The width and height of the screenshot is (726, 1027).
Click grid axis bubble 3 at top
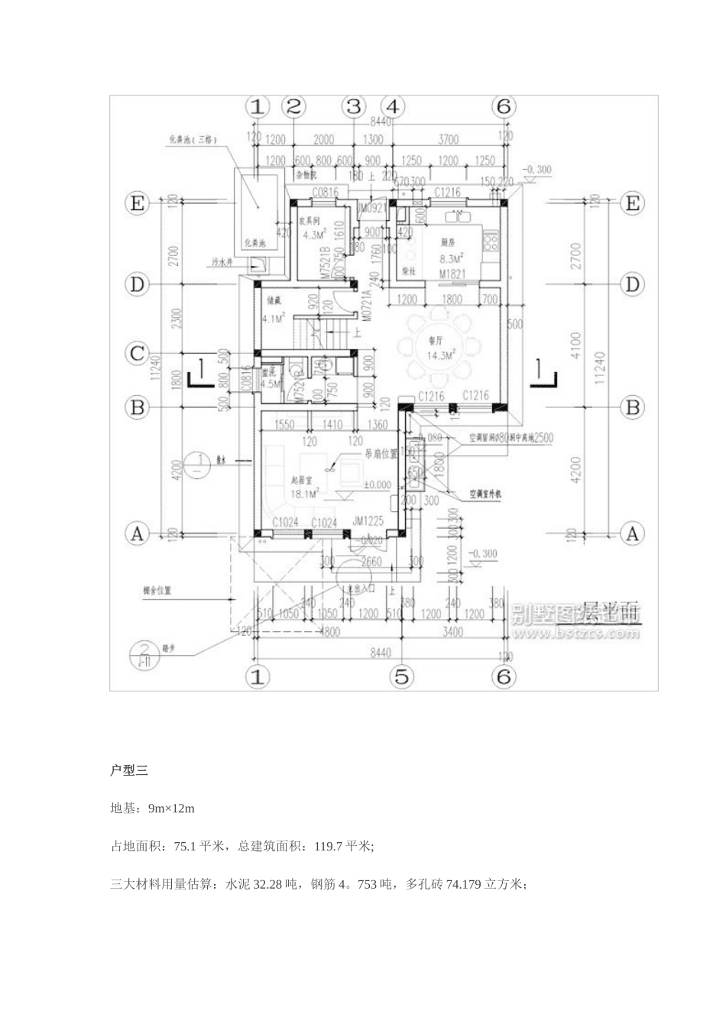[x=353, y=106]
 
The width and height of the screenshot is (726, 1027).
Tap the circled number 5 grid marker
[x=401, y=675]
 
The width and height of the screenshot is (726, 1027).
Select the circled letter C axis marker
[x=137, y=353]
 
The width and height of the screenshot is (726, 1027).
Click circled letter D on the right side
[x=632, y=284]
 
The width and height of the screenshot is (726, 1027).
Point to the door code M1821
[x=452, y=272]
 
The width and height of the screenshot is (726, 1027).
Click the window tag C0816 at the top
[x=324, y=193]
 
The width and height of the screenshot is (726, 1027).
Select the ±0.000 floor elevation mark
[x=377, y=484]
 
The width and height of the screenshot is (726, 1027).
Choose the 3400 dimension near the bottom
[x=452, y=632]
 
